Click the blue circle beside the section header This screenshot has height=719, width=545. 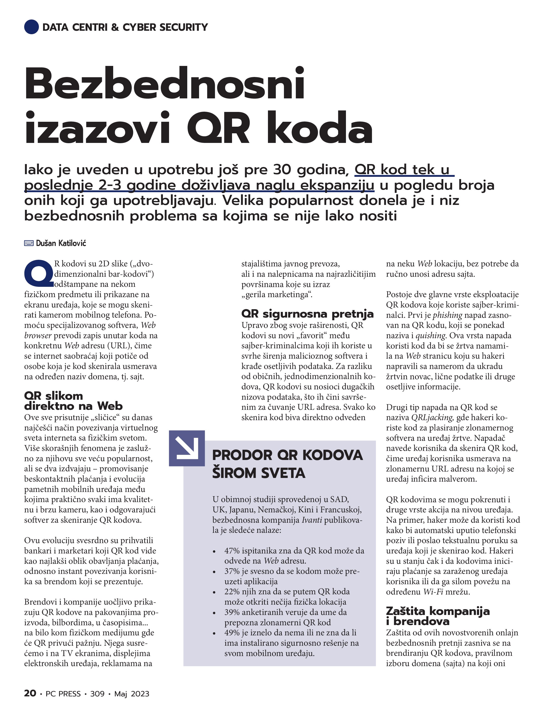pos(31,27)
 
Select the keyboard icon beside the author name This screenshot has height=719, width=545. pos(29,243)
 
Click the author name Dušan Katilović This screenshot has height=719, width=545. pos(61,243)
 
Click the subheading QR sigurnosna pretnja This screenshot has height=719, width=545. pos(307,314)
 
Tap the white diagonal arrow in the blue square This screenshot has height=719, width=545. pos(187,448)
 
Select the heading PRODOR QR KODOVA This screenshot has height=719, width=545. pos(287,455)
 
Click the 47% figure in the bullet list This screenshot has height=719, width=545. pos(232,551)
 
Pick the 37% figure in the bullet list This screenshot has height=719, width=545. pos(232,571)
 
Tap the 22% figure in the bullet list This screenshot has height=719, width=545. pos(232,592)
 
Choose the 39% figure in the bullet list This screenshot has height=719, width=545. pos(232,612)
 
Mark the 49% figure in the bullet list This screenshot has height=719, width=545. pos(232,633)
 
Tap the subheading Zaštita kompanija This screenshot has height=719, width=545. pos(437,611)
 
